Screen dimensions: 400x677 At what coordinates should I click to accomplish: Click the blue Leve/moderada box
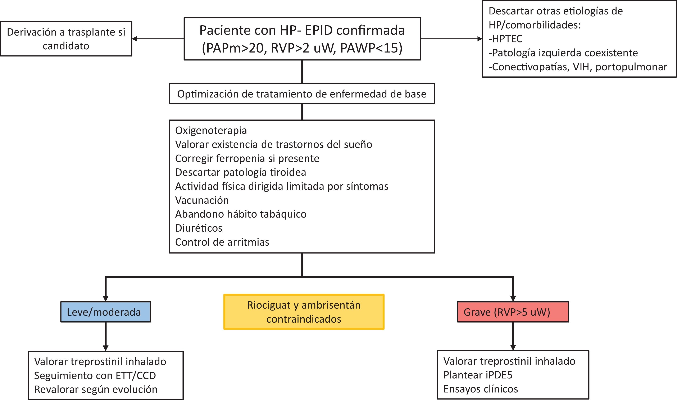[105, 312]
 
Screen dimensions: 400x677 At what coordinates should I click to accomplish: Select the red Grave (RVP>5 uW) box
[513, 312]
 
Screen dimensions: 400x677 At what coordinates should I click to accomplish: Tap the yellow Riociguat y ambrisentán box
[304, 312]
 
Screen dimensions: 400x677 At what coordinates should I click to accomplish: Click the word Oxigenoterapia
[211, 131]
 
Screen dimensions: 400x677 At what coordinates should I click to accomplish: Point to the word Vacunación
[202, 200]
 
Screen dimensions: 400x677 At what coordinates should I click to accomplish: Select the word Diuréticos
[199, 228]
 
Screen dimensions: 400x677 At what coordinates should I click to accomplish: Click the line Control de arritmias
[222, 242]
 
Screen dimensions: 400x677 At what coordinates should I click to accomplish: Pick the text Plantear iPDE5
[478, 375]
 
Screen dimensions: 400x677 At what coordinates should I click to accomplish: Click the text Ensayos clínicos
[481, 389]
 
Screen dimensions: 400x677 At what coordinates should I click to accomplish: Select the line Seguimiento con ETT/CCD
[95, 376]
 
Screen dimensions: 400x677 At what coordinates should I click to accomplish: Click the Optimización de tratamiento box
[302, 94]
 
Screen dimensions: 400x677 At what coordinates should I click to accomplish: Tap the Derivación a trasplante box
[66, 39]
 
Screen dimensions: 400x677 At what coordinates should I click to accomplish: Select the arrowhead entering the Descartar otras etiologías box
[480, 39]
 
